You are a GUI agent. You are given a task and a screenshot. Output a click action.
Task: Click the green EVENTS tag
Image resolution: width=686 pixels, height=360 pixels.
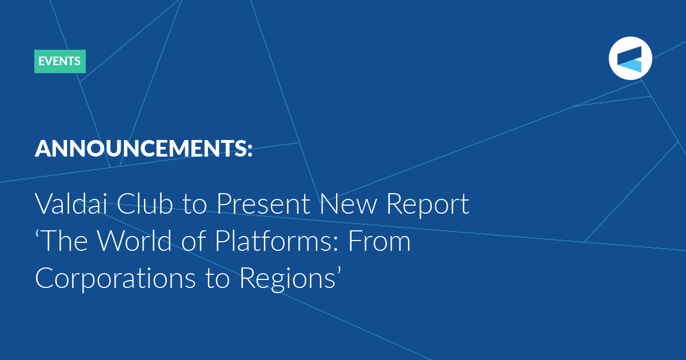point(60,61)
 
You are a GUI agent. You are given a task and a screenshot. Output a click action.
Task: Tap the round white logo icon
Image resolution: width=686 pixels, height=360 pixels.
point(630,58)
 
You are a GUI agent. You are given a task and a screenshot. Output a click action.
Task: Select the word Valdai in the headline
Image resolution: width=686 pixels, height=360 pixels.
point(71,203)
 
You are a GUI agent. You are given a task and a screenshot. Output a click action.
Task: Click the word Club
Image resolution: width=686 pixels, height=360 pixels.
point(145,203)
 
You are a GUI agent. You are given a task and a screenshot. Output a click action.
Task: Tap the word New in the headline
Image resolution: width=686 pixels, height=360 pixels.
point(348,203)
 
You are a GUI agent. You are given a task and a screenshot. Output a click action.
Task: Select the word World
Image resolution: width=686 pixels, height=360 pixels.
point(134,241)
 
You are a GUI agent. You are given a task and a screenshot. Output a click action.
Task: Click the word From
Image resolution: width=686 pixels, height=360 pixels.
point(379,241)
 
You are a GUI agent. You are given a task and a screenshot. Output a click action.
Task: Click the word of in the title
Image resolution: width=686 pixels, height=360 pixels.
point(193,241)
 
